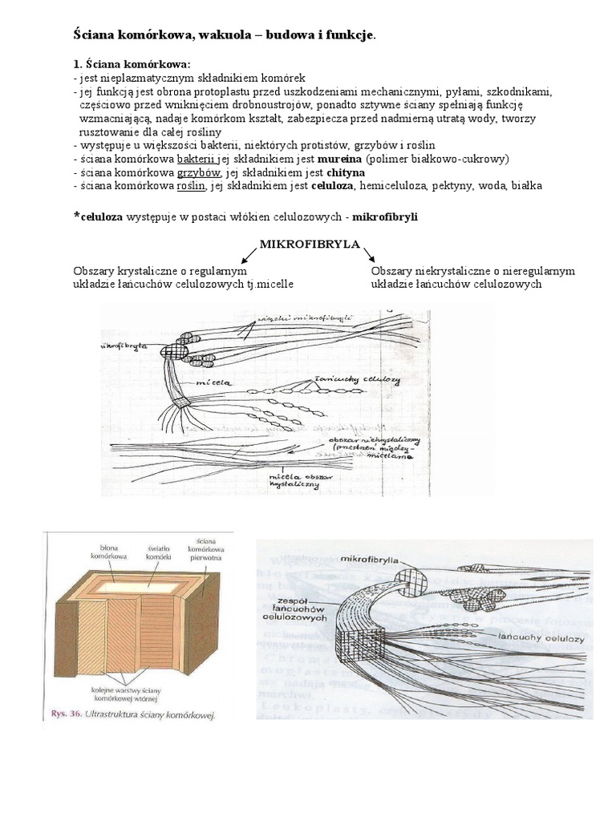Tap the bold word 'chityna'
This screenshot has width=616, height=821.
coord(346,172)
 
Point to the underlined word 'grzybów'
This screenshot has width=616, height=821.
coord(198,172)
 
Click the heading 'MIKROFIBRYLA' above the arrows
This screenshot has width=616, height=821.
coord(309,244)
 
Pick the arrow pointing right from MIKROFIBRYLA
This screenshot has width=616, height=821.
coord(370,256)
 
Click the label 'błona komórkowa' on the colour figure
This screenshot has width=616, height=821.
coord(106,551)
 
